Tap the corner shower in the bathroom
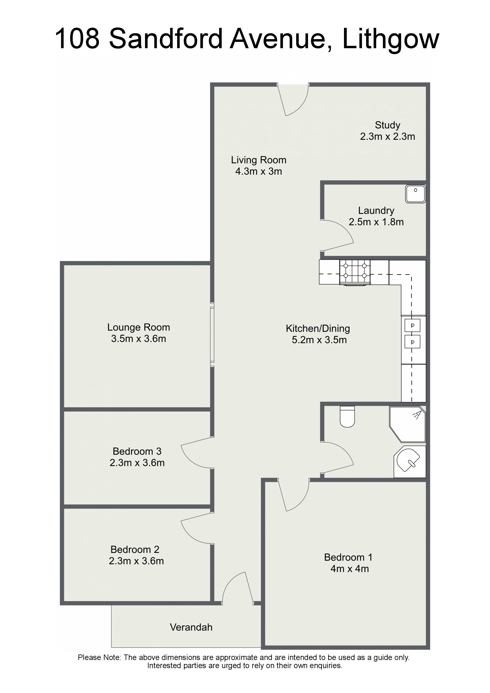[408, 424]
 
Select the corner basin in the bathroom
[410, 462]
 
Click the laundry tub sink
[416, 194]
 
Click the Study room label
[388, 125]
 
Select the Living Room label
[259, 160]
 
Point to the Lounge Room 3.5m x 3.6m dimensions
[139, 339]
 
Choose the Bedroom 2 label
[135, 549]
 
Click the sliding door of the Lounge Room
[212, 334]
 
